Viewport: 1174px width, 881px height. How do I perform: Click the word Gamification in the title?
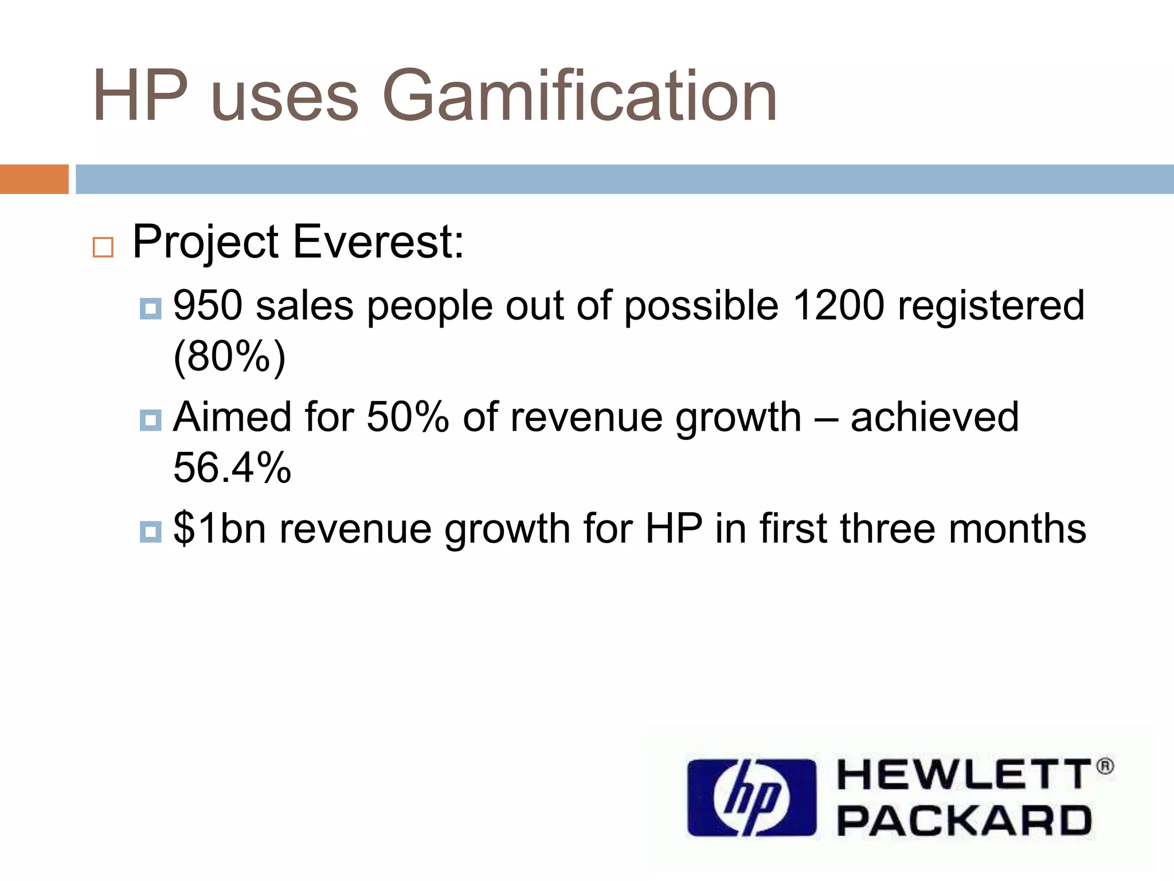click(x=579, y=96)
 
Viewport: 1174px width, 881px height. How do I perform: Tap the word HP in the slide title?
click(x=140, y=96)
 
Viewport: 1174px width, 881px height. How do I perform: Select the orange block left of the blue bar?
click(x=34, y=179)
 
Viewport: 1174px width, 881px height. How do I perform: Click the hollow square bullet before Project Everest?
click(x=103, y=247)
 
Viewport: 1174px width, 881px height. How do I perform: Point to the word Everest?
click(x=378, y=242)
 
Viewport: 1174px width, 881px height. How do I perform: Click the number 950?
click(x=208, y=305)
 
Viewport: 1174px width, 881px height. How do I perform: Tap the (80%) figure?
click(x=229, y=357)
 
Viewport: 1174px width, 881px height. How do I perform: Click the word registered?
click(x=991, y=305)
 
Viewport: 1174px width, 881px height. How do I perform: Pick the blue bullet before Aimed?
click(x=151, y=420)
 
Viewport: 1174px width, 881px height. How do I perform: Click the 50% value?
click(x=408, y=417)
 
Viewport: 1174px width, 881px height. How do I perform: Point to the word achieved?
click(x=935, y=417)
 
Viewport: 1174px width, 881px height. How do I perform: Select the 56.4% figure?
click(x=232, y=468)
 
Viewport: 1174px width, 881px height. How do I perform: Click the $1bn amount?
click(x=220, y=528)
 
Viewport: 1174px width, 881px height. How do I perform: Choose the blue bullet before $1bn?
click(x=151, y=532)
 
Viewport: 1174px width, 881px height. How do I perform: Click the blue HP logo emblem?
click(x=752, y=797)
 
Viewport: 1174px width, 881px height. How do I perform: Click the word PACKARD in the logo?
click(x=965, y=821)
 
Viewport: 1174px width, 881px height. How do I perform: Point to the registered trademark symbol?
click(x=1105, y=767)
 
